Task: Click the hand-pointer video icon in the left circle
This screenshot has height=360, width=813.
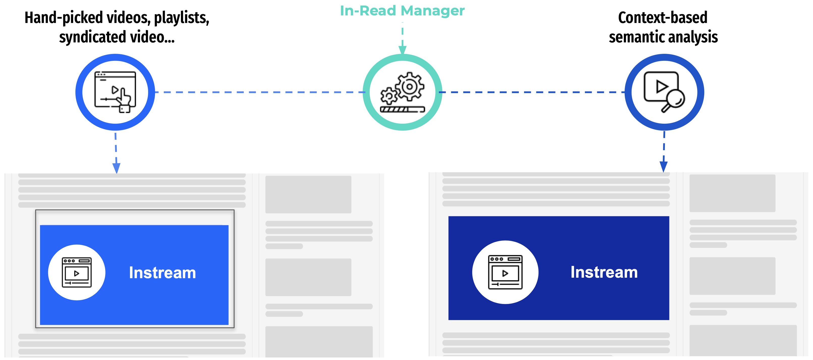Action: (116, 92)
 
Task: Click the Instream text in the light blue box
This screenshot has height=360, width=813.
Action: (162, 273)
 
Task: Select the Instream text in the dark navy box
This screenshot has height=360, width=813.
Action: (604, 272)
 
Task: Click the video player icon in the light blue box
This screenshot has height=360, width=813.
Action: (77, 272)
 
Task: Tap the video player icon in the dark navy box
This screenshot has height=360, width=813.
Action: (505, 272)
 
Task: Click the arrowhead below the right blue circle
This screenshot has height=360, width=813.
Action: (663, 166)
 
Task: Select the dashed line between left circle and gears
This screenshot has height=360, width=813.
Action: (259, 92)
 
